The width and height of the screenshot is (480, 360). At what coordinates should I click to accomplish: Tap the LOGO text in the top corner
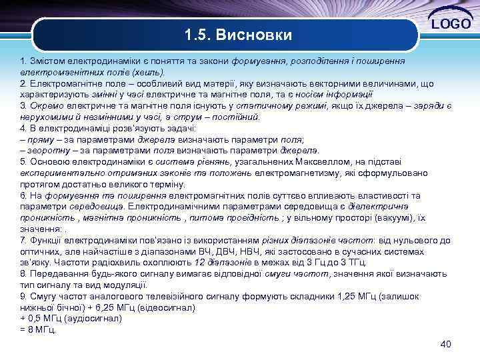click(453, 25)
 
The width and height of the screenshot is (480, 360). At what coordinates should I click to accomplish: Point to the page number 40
click(446, 344)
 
